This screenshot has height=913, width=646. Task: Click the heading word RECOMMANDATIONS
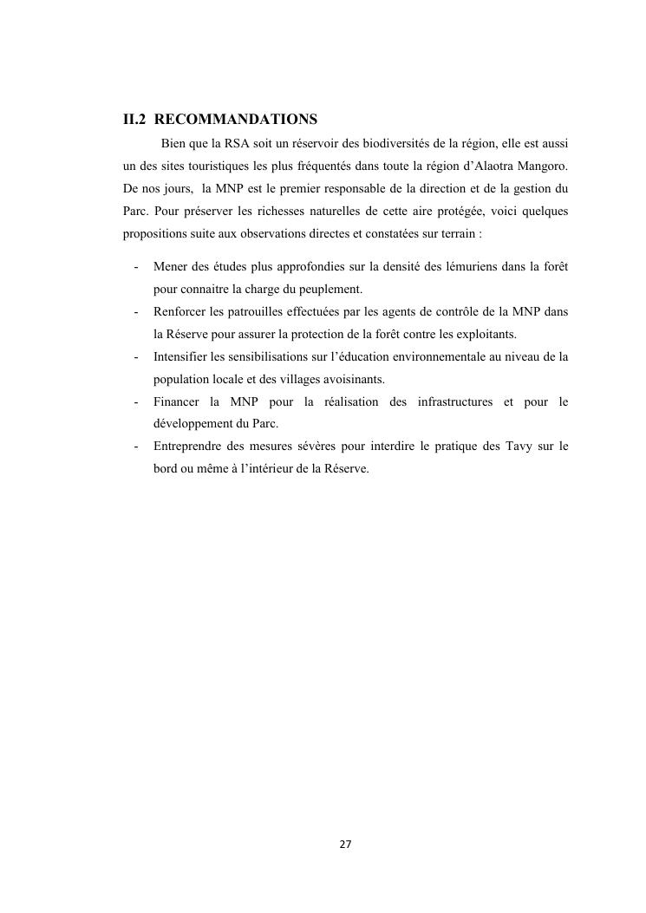[236, 119]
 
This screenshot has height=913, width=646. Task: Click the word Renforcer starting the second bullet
[179, 311]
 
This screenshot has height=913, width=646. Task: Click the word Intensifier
[180, 356]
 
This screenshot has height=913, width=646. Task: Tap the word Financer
[177, 401]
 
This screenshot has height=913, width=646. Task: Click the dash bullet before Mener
[136, 266]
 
